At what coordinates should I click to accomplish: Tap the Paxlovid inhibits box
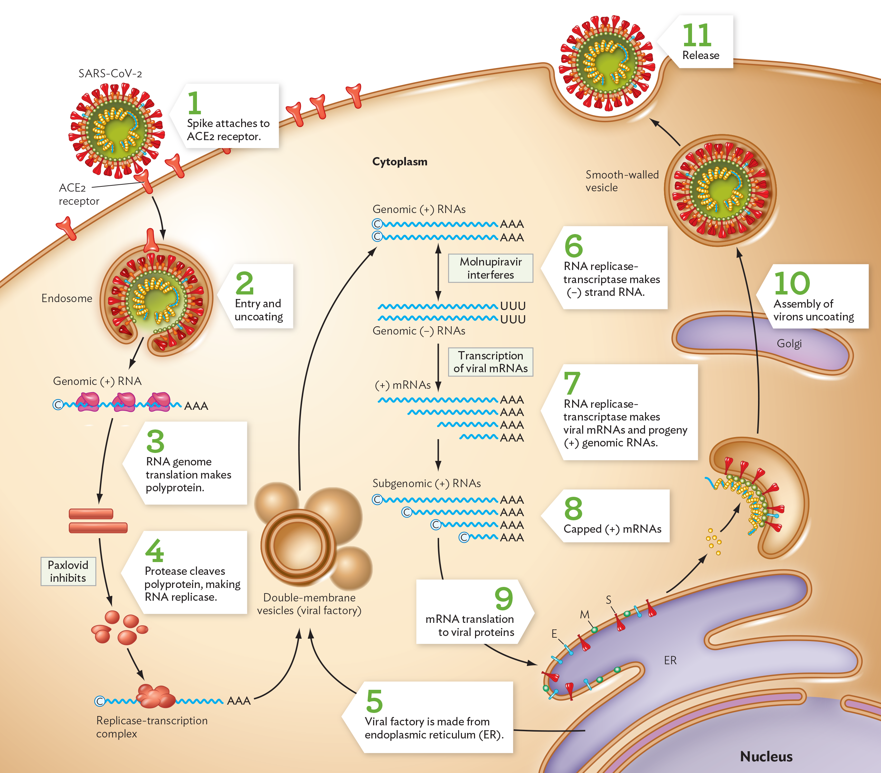[68, 571]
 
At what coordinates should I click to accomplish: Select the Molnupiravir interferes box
[491, 268]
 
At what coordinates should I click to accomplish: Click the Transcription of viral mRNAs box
[491, 362]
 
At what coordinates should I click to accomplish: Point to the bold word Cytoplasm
[399, 162]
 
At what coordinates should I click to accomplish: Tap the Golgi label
[789, 343]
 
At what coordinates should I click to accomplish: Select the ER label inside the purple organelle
[670, 660]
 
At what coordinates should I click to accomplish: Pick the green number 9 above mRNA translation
[503, 598]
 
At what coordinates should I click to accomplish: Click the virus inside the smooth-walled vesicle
[720, 190]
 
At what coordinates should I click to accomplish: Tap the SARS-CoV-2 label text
[110, 74]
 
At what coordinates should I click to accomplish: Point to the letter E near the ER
[554, 634]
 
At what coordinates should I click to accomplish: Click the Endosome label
[67, 298]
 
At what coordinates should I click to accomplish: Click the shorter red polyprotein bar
[91, 513]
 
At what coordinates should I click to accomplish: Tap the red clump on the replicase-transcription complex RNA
[155, 696]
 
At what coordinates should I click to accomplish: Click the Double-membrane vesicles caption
[309, 604]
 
